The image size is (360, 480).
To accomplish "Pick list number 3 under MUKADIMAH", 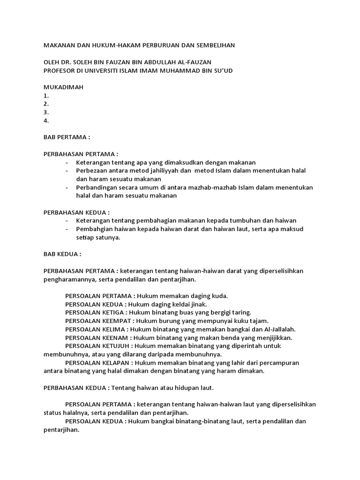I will point(46,112).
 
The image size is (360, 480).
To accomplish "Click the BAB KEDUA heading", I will point(62,254).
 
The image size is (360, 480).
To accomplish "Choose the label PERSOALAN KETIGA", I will point(96,312).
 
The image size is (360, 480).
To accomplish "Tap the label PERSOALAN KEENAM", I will point(97,337).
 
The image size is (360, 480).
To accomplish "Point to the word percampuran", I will point(280,363).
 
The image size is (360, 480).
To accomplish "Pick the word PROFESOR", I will point(62,70).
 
